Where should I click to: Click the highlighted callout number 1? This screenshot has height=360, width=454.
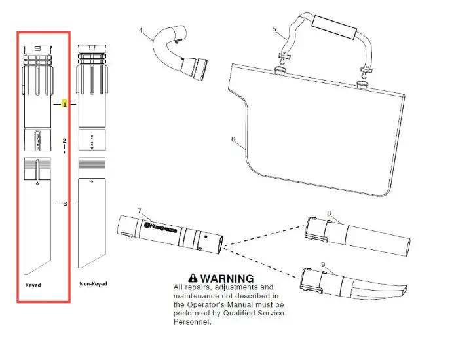pyautogui.click(x=65, y=104)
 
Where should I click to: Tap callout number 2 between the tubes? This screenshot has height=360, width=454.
pyautogui.click(x=64, y=141)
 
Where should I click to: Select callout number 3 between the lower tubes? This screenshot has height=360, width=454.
pyautogui.click(x=65, y=204)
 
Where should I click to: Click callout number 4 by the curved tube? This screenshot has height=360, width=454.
pyautogui.click(x=141, y=30)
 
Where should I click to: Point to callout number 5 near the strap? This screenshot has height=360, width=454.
pyautogui.click(x=274, y=29)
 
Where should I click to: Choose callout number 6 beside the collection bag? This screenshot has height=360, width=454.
pyautogui.click(x=234, y=139)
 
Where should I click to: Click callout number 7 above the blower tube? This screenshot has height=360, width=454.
pyautogui.click(x=139, y=211)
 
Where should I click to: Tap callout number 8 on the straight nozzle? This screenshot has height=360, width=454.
pyautogui.click(x=329, y=213)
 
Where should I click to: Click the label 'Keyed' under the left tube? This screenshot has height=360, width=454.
pyautogui.click(x=33, y=285)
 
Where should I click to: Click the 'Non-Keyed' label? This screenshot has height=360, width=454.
pyautogui.click(x=93, y=284)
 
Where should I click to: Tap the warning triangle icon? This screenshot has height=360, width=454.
pyautogui.click(x=191, y=278)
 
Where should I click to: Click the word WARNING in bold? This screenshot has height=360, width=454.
pyautogui.click(x=225, y=278)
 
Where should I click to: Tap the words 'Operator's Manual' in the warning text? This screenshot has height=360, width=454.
pyautogui.click(x=226, y=304)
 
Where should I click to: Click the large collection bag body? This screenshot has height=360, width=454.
pyautogui.click(x=314, y=124)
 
